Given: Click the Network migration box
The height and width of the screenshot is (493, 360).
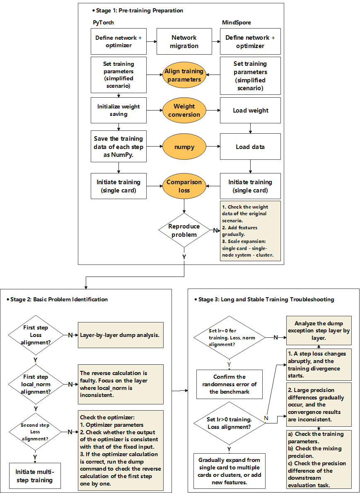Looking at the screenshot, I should pos(184,41).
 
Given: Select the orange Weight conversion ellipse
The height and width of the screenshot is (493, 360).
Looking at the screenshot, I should pos(184,111).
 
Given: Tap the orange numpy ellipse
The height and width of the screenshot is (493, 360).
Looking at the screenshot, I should pos(184,147).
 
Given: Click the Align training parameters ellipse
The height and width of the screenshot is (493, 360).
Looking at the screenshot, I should pos(184,75).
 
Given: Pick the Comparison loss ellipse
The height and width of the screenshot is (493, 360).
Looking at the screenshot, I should pos(184,186).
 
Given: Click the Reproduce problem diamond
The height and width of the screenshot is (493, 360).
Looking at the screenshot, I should pos(184,230).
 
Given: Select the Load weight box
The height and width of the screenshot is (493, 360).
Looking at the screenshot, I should pos(250,111).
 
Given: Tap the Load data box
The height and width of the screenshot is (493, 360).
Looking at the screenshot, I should pos(250,147).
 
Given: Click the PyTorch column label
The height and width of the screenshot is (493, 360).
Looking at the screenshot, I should pos(103,22).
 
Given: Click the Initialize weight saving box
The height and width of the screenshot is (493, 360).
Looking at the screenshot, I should pos(118,110).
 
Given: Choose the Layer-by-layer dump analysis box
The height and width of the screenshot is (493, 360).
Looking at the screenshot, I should pos(120,335).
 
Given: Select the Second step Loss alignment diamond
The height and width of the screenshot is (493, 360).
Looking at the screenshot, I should pos(36,432).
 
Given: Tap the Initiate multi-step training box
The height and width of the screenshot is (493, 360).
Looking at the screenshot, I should pos(35,476).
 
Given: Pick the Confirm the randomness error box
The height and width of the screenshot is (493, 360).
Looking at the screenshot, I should pos(229,384).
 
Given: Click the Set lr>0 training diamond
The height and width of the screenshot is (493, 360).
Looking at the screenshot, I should pos(230,423).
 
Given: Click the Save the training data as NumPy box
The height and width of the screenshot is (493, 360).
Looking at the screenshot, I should pos(118,147).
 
